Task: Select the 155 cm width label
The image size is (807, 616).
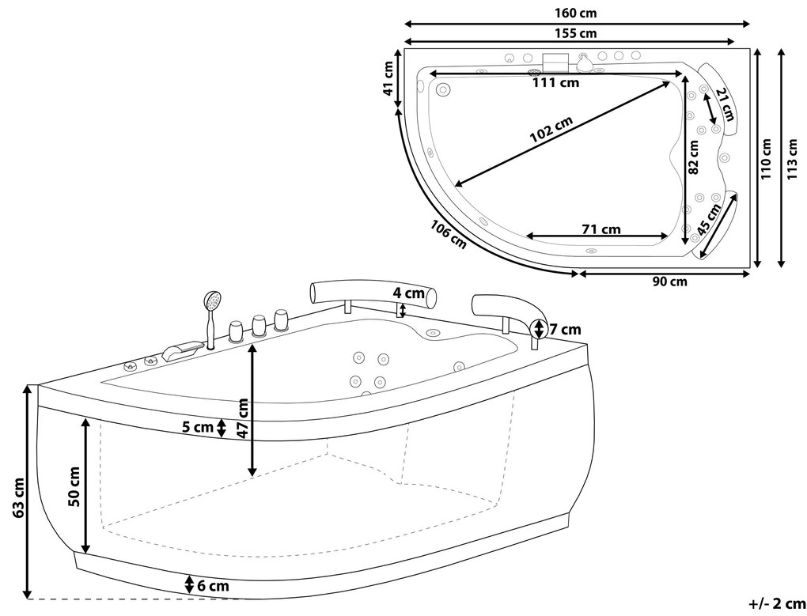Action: click(577, 33)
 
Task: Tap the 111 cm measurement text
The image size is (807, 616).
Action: click(555, 82)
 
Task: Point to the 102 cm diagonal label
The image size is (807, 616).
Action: click(551, 130)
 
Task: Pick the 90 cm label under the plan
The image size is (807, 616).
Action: click(669, 282)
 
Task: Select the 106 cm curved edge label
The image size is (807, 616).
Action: click(449, 235)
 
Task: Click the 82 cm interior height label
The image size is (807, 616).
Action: click(693, 158)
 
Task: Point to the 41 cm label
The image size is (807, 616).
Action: click(388, 78)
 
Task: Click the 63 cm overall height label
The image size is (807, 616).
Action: click(17, 497)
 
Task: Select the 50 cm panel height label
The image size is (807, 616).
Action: click(74, 486)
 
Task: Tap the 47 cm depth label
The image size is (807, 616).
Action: click(243, 418)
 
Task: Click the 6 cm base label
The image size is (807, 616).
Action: click(213, 586)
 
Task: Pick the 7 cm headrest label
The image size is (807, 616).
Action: click(565, 329)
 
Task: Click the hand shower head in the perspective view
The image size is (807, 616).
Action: click(212, 300)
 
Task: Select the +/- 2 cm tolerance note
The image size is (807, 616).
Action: click(777, 603)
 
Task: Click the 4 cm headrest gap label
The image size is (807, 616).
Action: click(409, 293)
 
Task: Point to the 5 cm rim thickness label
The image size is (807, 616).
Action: click(198, 427)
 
